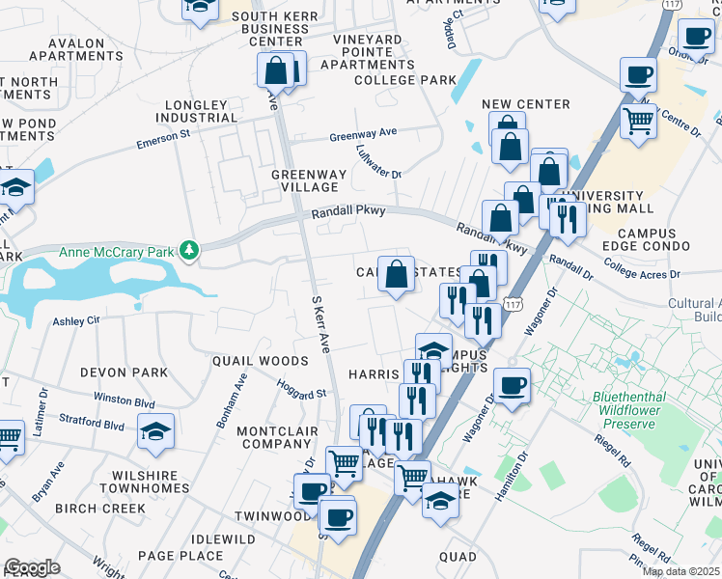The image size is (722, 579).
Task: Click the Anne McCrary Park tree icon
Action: coord(190,252)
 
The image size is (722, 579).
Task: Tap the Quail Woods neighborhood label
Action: coord(261,360)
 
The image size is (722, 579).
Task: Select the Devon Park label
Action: coord(124,372)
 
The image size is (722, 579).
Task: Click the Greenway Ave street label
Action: coord(363,135)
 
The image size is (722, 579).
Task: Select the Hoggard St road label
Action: coord(301,392)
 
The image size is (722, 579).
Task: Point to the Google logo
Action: coord(32,567)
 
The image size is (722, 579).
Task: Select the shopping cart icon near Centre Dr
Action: coord(639,122)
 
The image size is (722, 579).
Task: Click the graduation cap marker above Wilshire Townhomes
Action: coord(156,431)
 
